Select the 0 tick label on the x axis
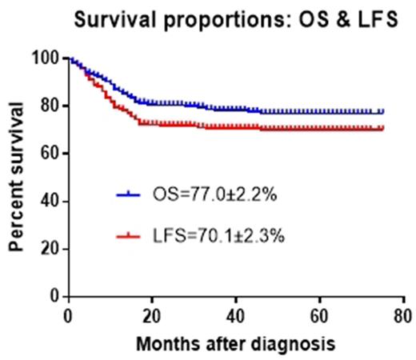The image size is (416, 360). (x=69, y=313)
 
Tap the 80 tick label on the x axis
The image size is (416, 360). (x=404, y=313)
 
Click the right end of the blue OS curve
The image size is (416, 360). (x=382, y=112)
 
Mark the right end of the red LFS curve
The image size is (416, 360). (x=382, y=128)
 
